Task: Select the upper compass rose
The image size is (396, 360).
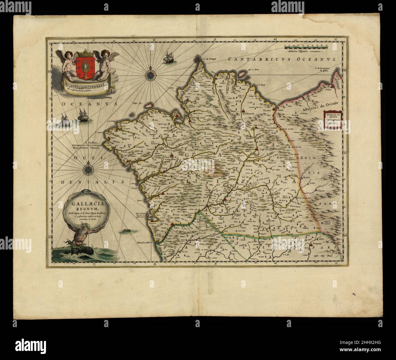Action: coord(150,74)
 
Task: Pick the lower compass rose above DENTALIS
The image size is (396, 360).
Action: coord(88,167)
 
